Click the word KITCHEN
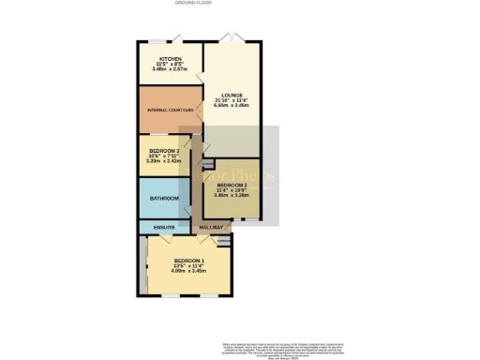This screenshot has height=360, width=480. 170,57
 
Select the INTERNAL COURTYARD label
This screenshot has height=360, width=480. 170,111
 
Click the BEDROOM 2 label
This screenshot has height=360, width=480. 230,186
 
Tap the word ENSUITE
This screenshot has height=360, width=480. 163,228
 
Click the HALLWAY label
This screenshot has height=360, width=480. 212,228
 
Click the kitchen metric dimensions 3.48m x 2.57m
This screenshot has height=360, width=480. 170,68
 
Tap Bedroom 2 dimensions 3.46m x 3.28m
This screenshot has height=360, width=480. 230,197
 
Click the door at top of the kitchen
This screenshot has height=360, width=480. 170,38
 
